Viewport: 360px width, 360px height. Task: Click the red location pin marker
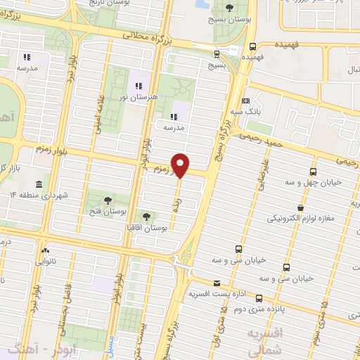(x=181, y=165)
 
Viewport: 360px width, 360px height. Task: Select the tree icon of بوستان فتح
(x=106, y=200)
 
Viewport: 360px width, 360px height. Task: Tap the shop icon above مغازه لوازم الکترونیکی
(x=300, y=207)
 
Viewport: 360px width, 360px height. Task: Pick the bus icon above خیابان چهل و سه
(x=313, y=171)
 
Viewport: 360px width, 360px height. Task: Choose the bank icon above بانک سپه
(x=245, y=101)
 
